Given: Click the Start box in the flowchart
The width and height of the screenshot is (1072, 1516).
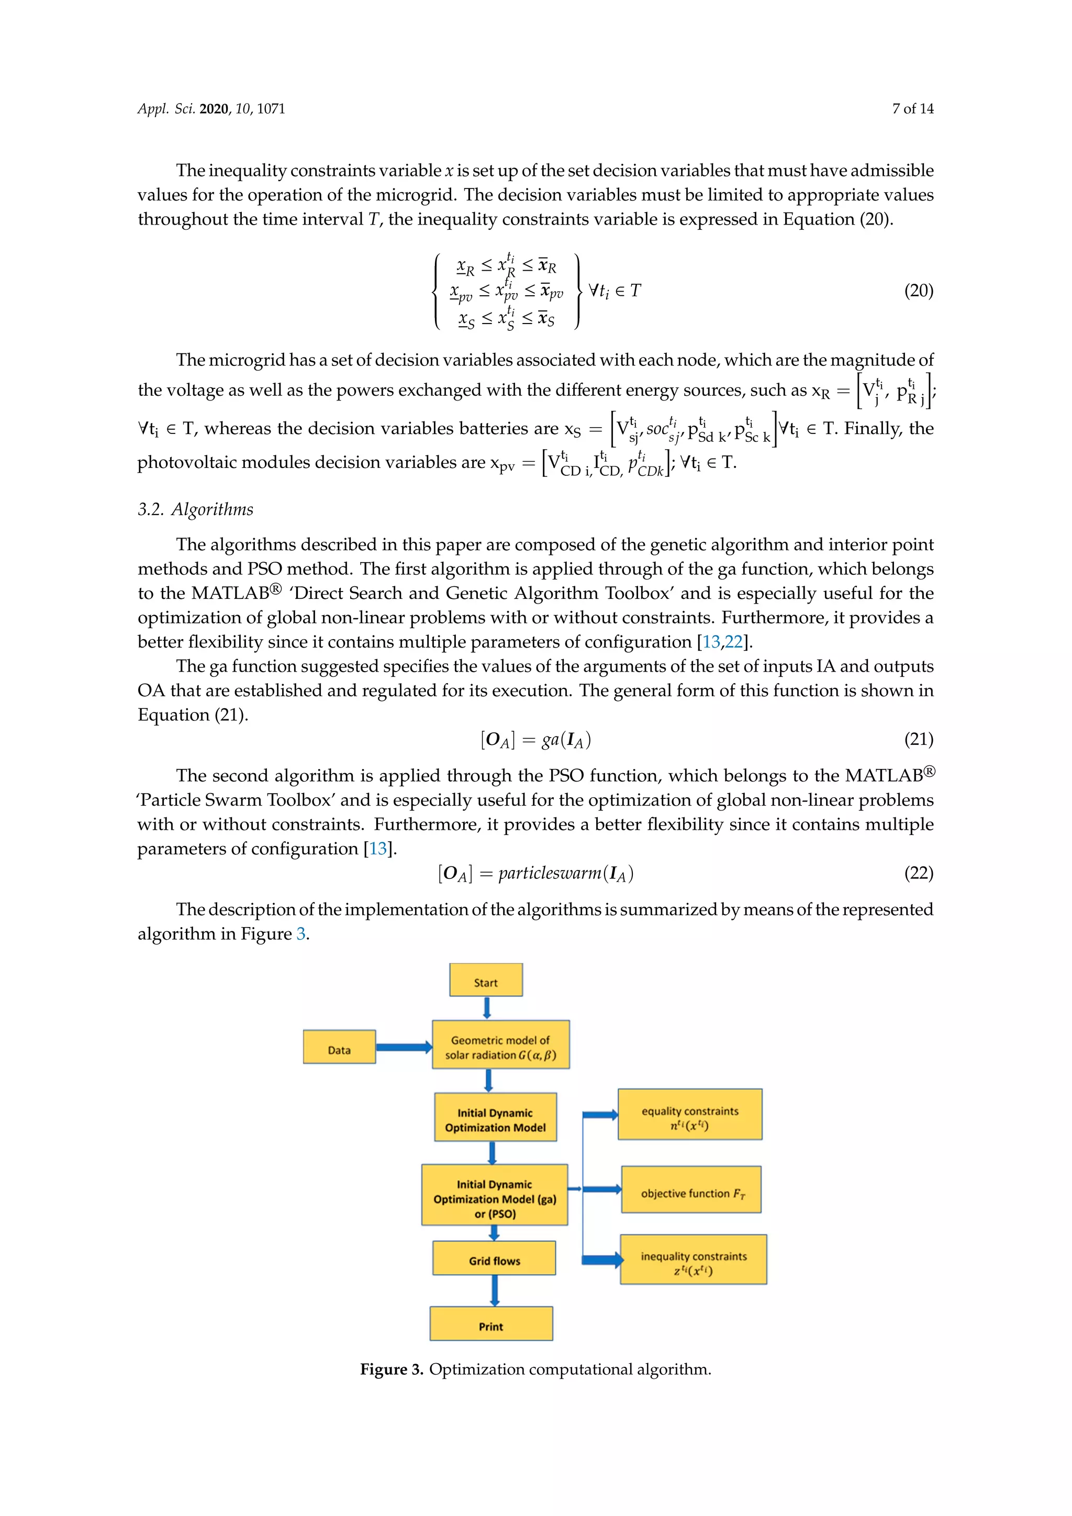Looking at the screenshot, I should [x=486, y=980].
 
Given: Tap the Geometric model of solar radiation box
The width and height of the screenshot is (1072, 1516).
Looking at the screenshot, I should [x=500, y=1044].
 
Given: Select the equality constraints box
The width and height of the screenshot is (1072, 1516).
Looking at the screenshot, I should [x=690, y=1114].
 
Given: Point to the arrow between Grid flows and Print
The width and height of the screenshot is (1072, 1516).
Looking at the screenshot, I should [x=495, y=1290].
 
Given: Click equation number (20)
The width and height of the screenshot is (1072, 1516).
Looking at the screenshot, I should [x=918, y=291].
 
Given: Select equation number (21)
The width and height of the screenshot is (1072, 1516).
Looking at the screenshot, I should [x=918, y=740].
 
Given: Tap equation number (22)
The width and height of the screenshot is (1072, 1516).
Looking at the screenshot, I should [x=918, y=874].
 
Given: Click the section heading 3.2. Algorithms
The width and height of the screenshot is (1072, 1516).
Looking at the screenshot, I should [x=195, y=510].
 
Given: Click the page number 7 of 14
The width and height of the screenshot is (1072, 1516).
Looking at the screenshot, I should [x=912, y=109].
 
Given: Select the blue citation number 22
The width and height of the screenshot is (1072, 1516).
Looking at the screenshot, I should [x=733, y=642].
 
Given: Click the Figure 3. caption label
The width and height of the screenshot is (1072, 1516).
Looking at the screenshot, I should [x=391, y=1369].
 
